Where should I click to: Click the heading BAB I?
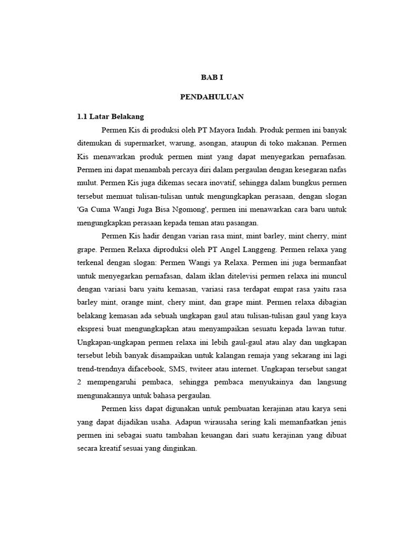(213, 78)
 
